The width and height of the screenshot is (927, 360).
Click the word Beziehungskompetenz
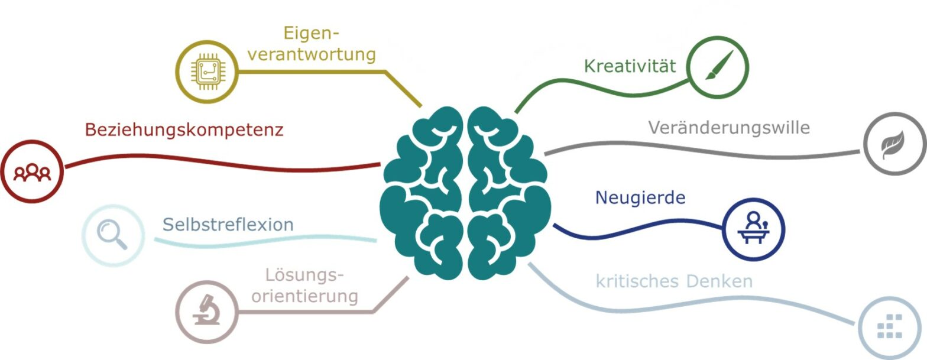click(184, 130)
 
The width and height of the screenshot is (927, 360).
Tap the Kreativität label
click(630, 66)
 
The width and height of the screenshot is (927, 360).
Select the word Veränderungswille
click(729, 128)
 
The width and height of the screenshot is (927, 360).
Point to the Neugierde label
click(640, 198)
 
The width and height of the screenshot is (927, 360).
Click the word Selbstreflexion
click(228, 225)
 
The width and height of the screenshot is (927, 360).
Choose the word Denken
click(719, 281)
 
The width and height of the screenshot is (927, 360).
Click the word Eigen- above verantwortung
click(311, 34)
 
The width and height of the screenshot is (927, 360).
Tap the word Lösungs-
click(304, 275)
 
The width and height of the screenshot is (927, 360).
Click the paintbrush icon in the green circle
click(719, 65)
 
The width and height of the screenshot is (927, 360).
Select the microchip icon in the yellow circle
click(207, 72)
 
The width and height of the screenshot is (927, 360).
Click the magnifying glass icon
click(112, 235)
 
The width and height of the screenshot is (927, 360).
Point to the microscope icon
click(206, 310)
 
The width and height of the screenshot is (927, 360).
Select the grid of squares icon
click(889, 326)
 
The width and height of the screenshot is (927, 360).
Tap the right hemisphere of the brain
click(510, 193)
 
